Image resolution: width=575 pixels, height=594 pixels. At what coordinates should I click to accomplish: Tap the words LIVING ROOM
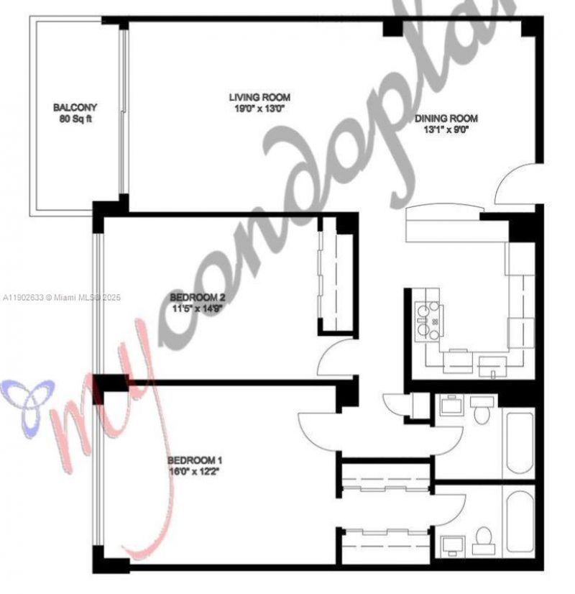pos(259,98)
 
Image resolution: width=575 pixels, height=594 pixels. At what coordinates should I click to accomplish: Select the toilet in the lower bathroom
pos(485,538)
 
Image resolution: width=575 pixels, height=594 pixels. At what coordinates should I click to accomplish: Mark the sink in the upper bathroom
pos(451,405)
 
